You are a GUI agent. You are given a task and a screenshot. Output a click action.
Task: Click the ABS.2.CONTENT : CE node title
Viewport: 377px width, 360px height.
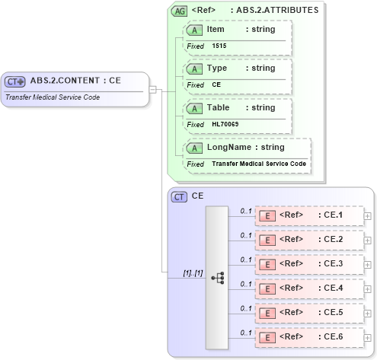tap(75, 81)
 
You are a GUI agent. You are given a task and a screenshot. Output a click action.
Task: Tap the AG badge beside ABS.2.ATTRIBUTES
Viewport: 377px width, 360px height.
tap(179, 11)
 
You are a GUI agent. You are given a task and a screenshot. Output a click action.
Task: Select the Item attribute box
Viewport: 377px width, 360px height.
tap(237, 36)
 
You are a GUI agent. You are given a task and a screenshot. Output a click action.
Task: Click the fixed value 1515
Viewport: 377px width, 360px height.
tap(219, 46)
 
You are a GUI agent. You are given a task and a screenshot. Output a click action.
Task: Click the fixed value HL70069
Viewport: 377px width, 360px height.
tap(225, 124)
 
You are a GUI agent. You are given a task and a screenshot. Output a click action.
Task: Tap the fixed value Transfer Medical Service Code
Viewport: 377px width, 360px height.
tap(259, 164)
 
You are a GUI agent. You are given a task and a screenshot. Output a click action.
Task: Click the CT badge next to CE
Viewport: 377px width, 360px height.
tap(179, 196)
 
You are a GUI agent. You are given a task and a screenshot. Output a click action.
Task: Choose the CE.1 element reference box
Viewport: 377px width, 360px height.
tap(308, 215)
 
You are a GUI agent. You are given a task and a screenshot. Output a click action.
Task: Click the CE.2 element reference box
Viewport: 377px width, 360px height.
tap(308, 240)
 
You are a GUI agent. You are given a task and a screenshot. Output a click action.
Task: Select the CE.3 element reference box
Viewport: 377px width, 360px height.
tap(308, 264)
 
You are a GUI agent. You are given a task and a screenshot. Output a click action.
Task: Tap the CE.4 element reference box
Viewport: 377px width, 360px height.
tap(308, 288)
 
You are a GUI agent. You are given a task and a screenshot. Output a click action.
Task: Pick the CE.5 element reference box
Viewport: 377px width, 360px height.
tap(308, 313)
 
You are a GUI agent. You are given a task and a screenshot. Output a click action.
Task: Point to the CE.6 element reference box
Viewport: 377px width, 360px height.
tap(308, 337)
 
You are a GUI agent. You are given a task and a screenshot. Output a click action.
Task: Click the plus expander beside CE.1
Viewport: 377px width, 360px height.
tap(368, 216)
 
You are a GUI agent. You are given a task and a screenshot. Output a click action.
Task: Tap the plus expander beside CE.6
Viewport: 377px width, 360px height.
tap(368, 338)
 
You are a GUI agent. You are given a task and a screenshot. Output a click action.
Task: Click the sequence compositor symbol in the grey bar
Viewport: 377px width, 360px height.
tap(217, 278)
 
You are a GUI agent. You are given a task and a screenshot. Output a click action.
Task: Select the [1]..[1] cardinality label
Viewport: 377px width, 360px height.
tap(192, 272)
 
